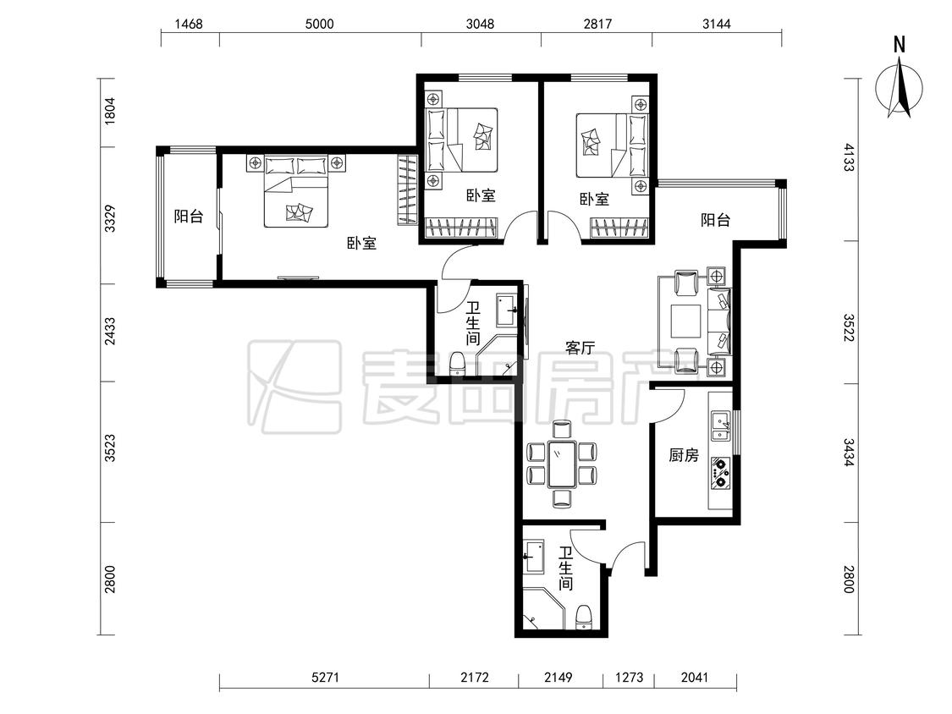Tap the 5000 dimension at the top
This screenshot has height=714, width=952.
[319, 24]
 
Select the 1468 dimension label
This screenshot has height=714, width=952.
[188, 24]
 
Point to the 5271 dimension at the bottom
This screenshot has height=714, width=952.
[325, 677]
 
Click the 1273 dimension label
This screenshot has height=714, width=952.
[629, 677]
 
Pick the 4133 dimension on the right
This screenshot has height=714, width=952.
[849, 157]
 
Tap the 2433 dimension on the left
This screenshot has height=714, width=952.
[110, 332]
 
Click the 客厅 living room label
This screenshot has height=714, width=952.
[580, 348]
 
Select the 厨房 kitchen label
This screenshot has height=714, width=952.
[684, 455]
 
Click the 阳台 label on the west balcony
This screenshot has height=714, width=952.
[189, 216]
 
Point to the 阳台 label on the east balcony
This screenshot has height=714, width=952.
[715, 220]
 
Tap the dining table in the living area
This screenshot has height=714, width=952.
[562, 464]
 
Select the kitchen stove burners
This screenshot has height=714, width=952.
[721, 472]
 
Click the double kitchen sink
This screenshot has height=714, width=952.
[721, 426]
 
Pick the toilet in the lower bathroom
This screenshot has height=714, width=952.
[583, 617]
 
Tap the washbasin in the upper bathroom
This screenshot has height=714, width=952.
[507, 310]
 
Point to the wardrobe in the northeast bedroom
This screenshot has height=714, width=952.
[620, 229]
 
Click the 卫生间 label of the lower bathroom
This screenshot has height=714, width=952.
[565, 568]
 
